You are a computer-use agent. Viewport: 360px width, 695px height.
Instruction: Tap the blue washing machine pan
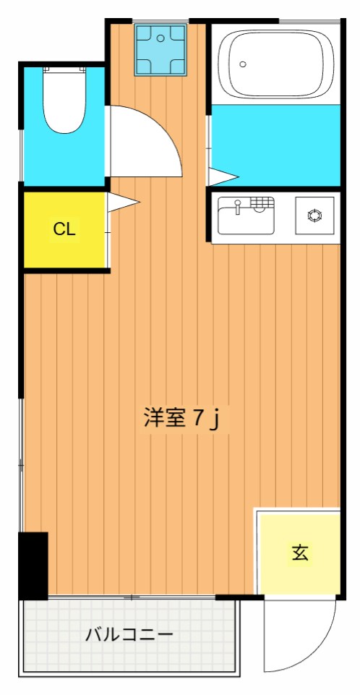click(x=160, y=49)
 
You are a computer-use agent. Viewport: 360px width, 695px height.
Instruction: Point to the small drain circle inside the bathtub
click(x=243, y=64)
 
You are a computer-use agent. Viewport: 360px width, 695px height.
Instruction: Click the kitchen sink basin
click(x=246, y=219)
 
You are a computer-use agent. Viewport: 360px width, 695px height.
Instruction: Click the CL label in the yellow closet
click(x=64, y=230)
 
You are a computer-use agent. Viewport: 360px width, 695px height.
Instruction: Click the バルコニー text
click(x=129, y=636)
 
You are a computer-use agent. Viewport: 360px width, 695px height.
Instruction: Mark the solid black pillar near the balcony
click(x=33, y=565)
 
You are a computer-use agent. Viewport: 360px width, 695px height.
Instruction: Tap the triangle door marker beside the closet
click(x=121, y=203)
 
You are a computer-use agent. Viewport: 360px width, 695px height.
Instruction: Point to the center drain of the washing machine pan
click(x=160, y=49)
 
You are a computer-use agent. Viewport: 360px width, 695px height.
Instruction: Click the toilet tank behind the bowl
click(x=64, y=70)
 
